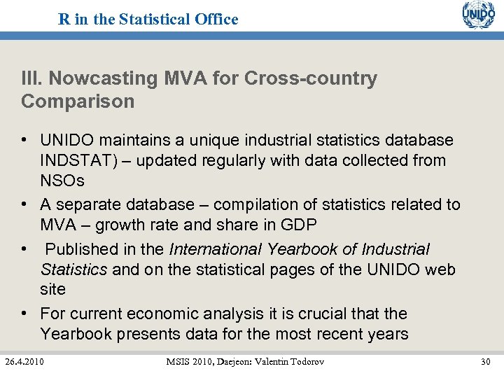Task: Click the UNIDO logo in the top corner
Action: click(x=478, y=15)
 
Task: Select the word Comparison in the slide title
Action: click(x=78, y=101)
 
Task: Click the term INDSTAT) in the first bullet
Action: click(x=77, y=160)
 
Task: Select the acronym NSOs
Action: click(x=62, y=181)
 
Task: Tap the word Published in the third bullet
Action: click(x=82, y=249)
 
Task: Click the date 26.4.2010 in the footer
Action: click(x=24, y=361)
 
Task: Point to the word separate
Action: click(x=87, y=204)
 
